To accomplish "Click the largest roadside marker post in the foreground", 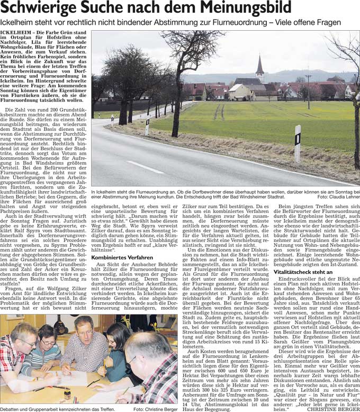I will pos(298,143).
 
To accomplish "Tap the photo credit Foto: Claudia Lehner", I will pos(338,197).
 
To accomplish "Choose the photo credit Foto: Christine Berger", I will pos(155,408).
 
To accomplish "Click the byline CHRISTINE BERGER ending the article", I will pos(333,408).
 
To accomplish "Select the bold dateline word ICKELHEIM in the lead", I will pos(16,33).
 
